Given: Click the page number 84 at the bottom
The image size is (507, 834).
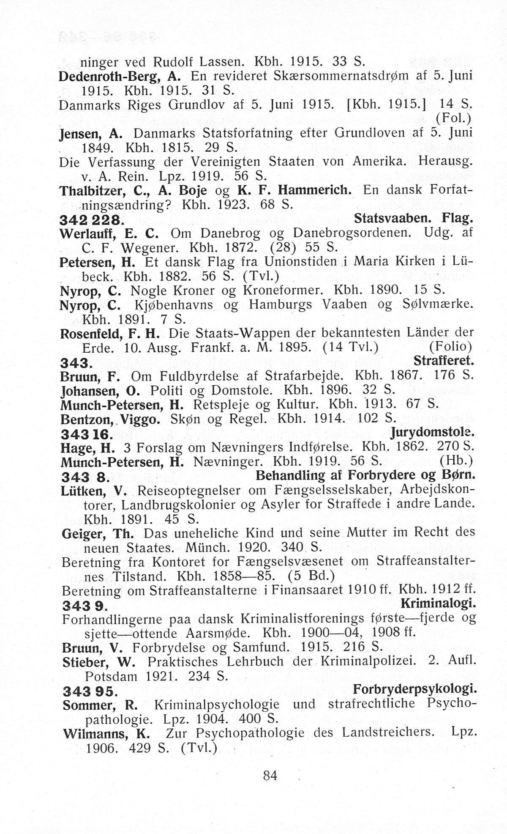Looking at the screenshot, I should click(270, 776).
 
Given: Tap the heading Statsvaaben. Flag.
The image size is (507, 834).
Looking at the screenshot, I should click(413, 219).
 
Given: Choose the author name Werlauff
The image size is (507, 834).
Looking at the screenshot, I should click(88, 233).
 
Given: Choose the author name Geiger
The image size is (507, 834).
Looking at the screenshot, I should click(83, 533).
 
